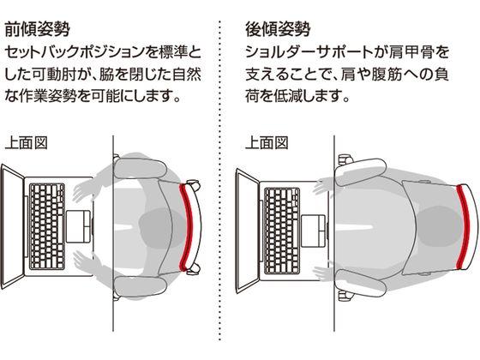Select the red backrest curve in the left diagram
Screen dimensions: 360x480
click(x=187, y=225)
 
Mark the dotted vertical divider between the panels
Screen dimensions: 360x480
click(x=220, y=171)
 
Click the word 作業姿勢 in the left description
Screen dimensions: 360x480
click(x=54, y=95)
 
